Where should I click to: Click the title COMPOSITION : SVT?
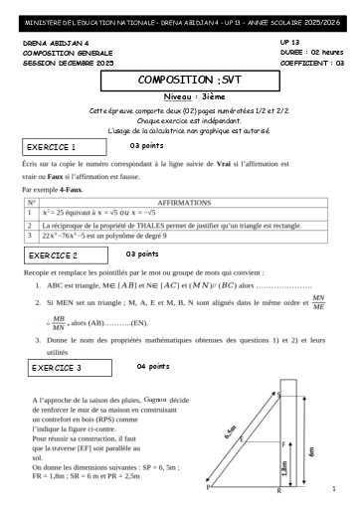click(x=180, y=78)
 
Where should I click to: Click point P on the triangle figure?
click(x=208, y=488)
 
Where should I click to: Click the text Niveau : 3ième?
click(x=180, y=95)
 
